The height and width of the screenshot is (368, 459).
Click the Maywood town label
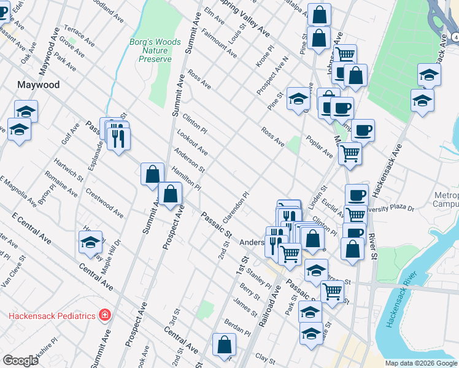pyautogui.click(x=39, y=85)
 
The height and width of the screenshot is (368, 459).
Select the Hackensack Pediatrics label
pyautogui.click(x=52, y=315)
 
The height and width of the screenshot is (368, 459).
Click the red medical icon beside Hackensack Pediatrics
pyautogui.click(x=105, y=315)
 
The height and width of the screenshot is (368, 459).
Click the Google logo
pyautogui.click(x=21, y=361)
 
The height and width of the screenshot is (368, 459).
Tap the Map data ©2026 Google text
pyautogui.click(x=420, y=363)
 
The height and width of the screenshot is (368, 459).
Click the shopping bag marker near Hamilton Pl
pyautogui.click(x=152, y=174)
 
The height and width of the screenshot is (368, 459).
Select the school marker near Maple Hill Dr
pyautogui.click(x=90, y=242)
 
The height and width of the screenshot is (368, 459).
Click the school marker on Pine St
pyautogui.click(x=298, y=98)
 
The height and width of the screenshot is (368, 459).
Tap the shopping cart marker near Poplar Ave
pyautogui.click(x=350, y=153)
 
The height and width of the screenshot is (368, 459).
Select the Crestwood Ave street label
pyautogui.click(x=104, y=203)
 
